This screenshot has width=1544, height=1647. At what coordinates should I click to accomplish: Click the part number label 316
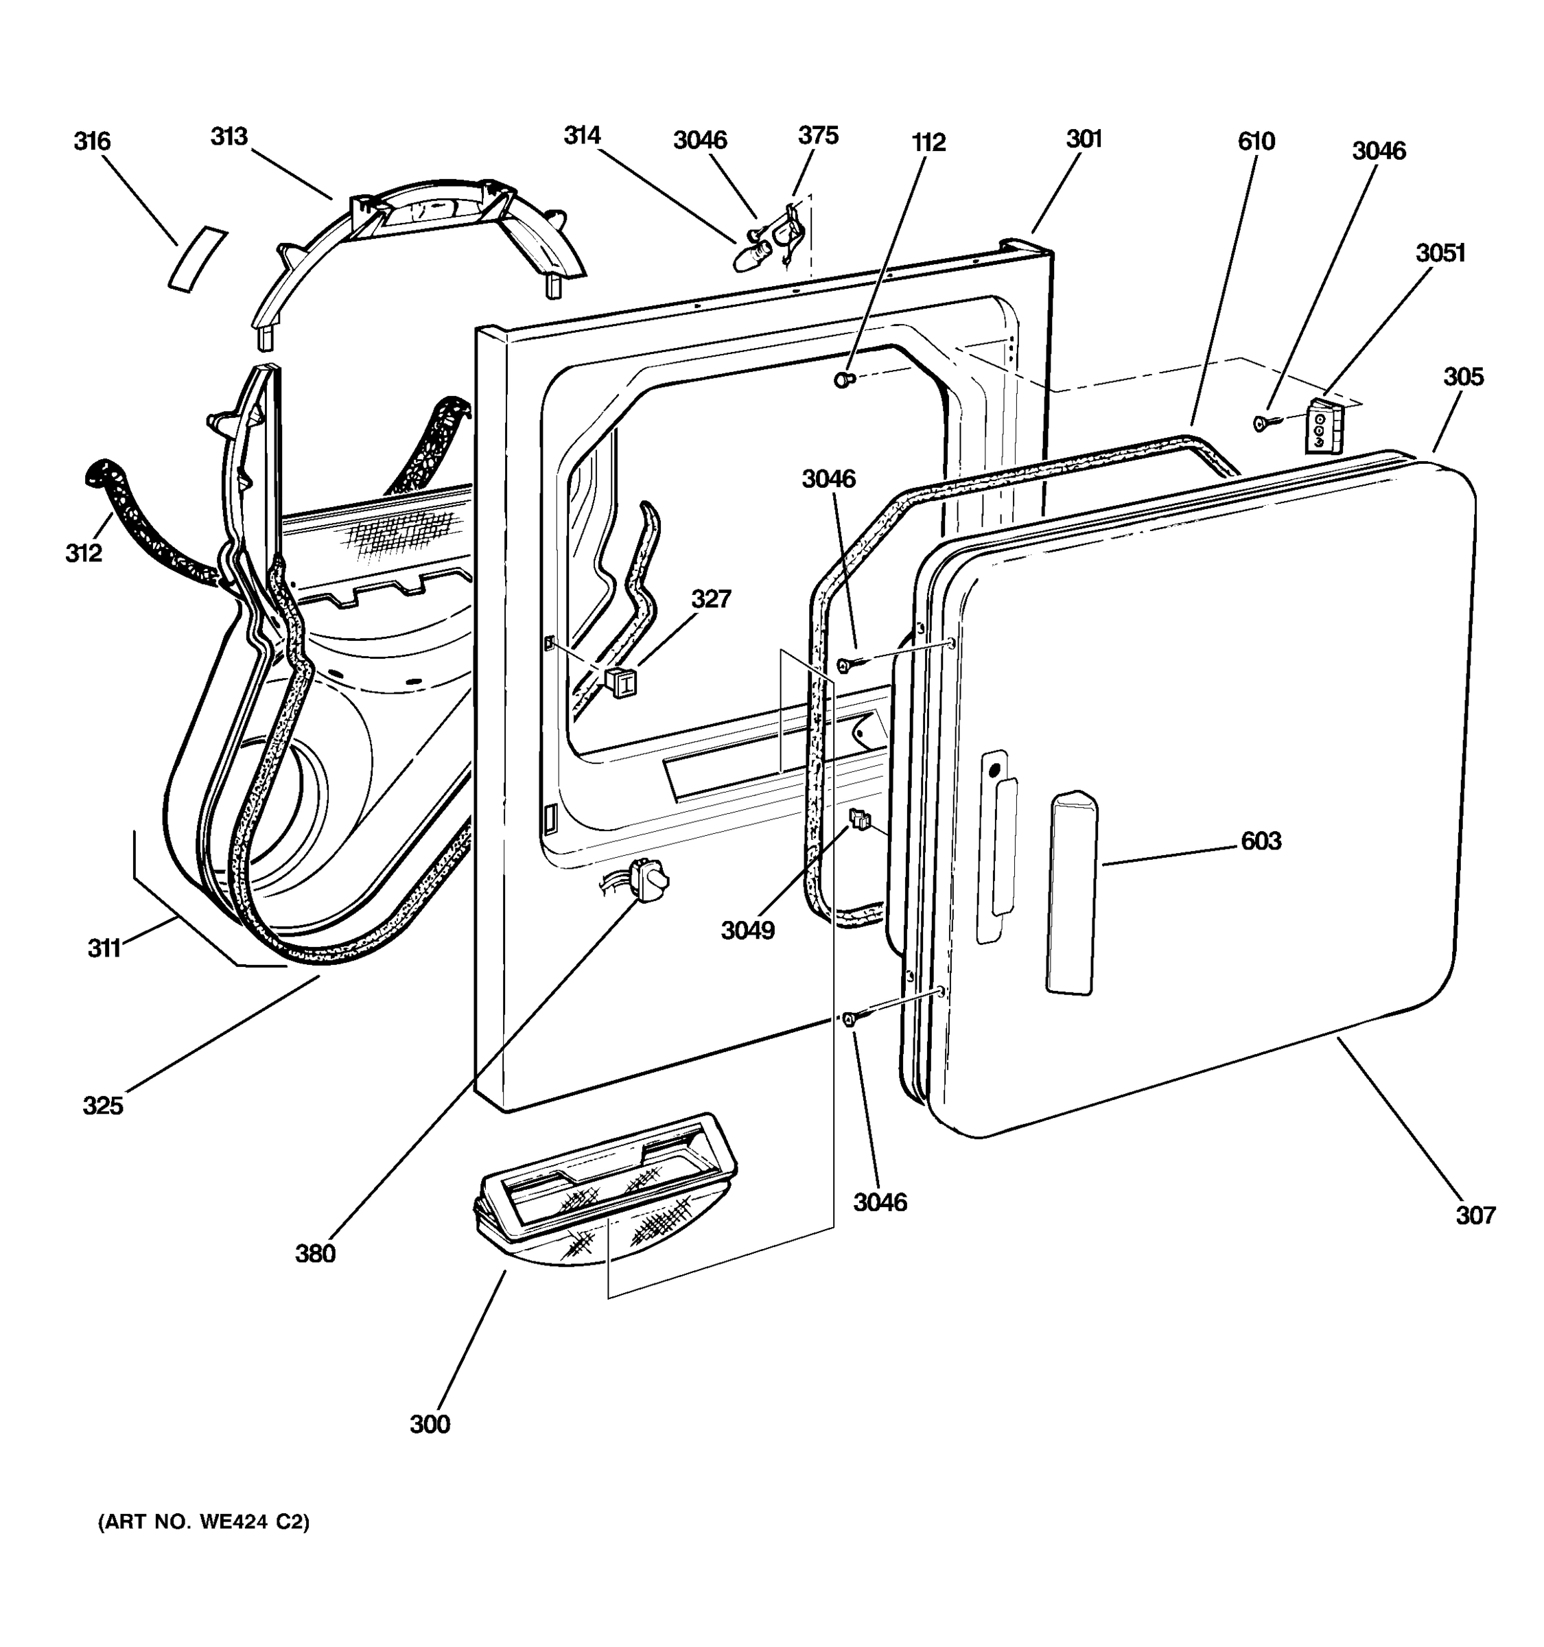coord(92,141)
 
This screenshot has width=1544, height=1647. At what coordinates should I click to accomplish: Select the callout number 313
coord(229,137)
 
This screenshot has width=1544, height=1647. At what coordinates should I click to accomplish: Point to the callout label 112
coord(928,143)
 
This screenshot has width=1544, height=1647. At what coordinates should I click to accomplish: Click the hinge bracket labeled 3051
coord(1323,427)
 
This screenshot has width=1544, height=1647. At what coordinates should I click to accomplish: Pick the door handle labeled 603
coord(1072,892)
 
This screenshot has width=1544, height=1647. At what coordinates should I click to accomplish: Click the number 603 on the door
coord(1261,842)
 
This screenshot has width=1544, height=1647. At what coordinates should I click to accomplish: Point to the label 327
coord(712,598)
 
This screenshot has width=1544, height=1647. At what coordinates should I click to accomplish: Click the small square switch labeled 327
coord(621,681)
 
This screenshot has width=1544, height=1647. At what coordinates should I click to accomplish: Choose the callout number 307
coord(1476,1215)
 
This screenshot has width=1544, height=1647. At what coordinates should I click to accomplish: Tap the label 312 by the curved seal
coord(84,553)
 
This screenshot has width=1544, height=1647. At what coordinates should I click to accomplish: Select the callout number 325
coord(103,1105)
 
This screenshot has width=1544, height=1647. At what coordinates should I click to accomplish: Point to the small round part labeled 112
coord(843,379)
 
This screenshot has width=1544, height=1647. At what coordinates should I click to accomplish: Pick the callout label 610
coord(1256,141)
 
